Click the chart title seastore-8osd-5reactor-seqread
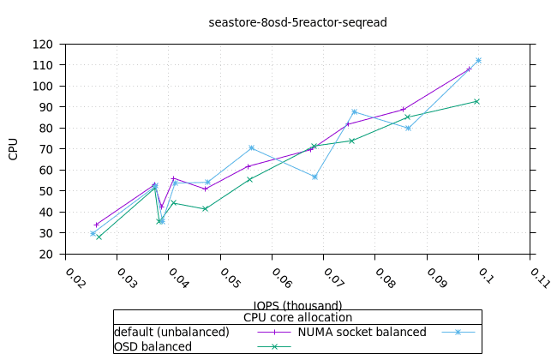tap(297, 22)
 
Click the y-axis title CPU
tap(13, 148)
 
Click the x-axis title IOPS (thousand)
tap(297, 305)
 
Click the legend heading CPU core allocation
tap(297, 317)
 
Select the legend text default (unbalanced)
tap(171, 332)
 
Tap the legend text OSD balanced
tap(153, 346)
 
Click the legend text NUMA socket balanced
tap(362, 332)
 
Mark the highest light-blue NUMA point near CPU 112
tap(478, 61)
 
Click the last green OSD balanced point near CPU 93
tap(476, 101)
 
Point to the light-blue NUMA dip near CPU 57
tap(314, 177)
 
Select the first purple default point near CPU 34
tap(96, 225)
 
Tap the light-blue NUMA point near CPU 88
tap(354, 112)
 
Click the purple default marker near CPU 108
tap(469, 69)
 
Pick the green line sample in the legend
tap(274, 346)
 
